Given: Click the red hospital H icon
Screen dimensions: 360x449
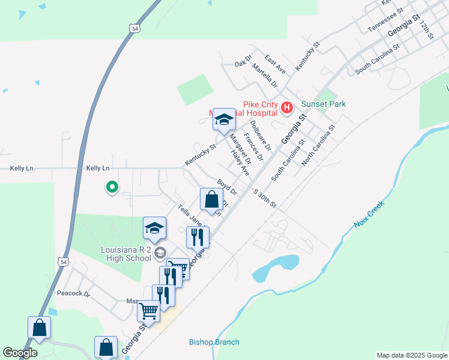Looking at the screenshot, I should point(287,108).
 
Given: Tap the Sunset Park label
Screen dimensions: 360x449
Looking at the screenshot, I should point(324,104).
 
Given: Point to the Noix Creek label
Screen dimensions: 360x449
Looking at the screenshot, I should point(369,214).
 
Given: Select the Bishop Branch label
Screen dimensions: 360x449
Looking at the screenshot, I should point(214,342).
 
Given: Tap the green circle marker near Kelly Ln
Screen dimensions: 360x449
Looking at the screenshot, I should point(112,188).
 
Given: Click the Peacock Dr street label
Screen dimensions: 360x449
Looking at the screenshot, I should point(73,294).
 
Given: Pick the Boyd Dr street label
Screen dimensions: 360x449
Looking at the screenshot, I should point(228,187).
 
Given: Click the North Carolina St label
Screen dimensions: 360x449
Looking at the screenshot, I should point(318,146).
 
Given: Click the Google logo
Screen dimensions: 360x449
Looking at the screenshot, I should point(20,353).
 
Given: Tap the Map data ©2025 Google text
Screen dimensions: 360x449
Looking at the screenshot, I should point(411,355).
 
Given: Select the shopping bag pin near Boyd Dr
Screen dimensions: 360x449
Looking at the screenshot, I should point(211,199).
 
